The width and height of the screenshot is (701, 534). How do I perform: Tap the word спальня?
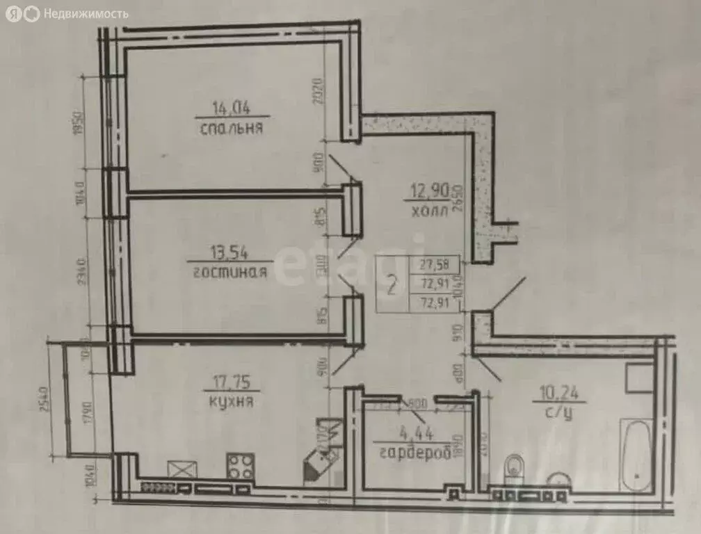pos(231,129)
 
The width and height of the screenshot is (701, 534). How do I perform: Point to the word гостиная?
pos(227,272)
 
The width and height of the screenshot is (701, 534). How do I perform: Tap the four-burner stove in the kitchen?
pos(241,466)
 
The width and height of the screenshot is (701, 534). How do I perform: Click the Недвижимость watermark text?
pos(86,13)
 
